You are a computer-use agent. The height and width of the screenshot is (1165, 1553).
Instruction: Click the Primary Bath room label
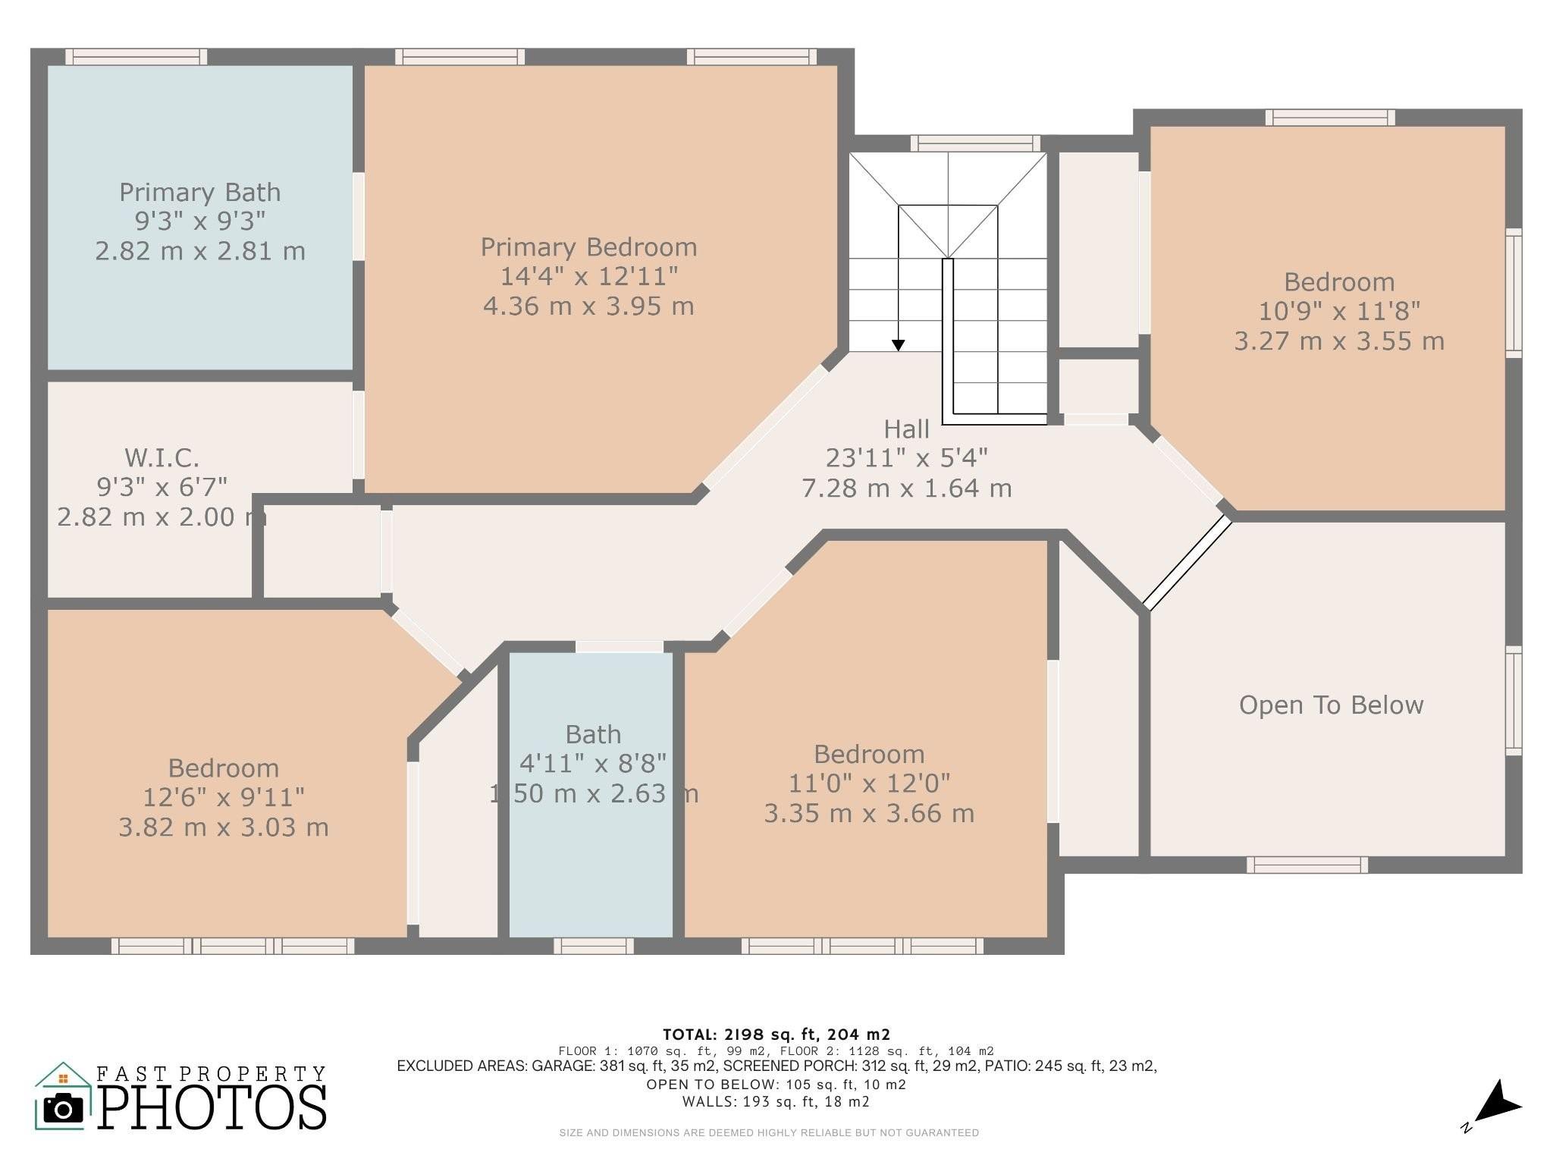coord(200,193)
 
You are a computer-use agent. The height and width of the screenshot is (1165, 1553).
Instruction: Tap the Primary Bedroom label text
coord(588,247)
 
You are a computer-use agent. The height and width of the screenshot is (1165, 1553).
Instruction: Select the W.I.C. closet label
coord(162,458)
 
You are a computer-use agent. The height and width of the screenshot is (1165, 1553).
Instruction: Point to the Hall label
coord(906,429)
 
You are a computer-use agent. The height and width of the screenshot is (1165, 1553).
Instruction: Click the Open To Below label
coord(1331,705)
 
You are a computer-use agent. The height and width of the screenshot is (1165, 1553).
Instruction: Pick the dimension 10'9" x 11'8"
coord(1339,311)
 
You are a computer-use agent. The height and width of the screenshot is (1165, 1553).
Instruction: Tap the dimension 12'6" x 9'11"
coord(224,797)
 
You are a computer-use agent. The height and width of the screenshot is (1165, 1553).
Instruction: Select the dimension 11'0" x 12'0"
coord(869,783)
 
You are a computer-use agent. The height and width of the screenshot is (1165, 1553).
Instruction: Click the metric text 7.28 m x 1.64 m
coord(907,488)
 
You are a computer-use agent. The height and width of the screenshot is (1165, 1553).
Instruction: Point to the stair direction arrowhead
coord(898,345)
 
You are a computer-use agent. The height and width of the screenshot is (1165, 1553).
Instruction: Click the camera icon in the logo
coord(64,1108)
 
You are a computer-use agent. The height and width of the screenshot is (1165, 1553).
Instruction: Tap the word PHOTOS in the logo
coord(212,1107)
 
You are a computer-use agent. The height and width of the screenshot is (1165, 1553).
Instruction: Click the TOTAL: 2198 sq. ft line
coord(776,1035)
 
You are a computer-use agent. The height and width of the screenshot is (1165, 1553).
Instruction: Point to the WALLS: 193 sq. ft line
coord(776,1101)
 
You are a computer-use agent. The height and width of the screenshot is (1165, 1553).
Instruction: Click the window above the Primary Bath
coord(136,57)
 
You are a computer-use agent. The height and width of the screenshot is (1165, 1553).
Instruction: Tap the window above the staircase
coord(975,143)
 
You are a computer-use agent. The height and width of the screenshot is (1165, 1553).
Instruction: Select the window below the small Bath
coord(594,945)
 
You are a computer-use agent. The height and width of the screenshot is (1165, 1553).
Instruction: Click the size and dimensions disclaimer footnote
coord(769,1133)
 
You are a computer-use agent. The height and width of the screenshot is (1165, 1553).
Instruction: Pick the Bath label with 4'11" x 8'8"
coord(594,764)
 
